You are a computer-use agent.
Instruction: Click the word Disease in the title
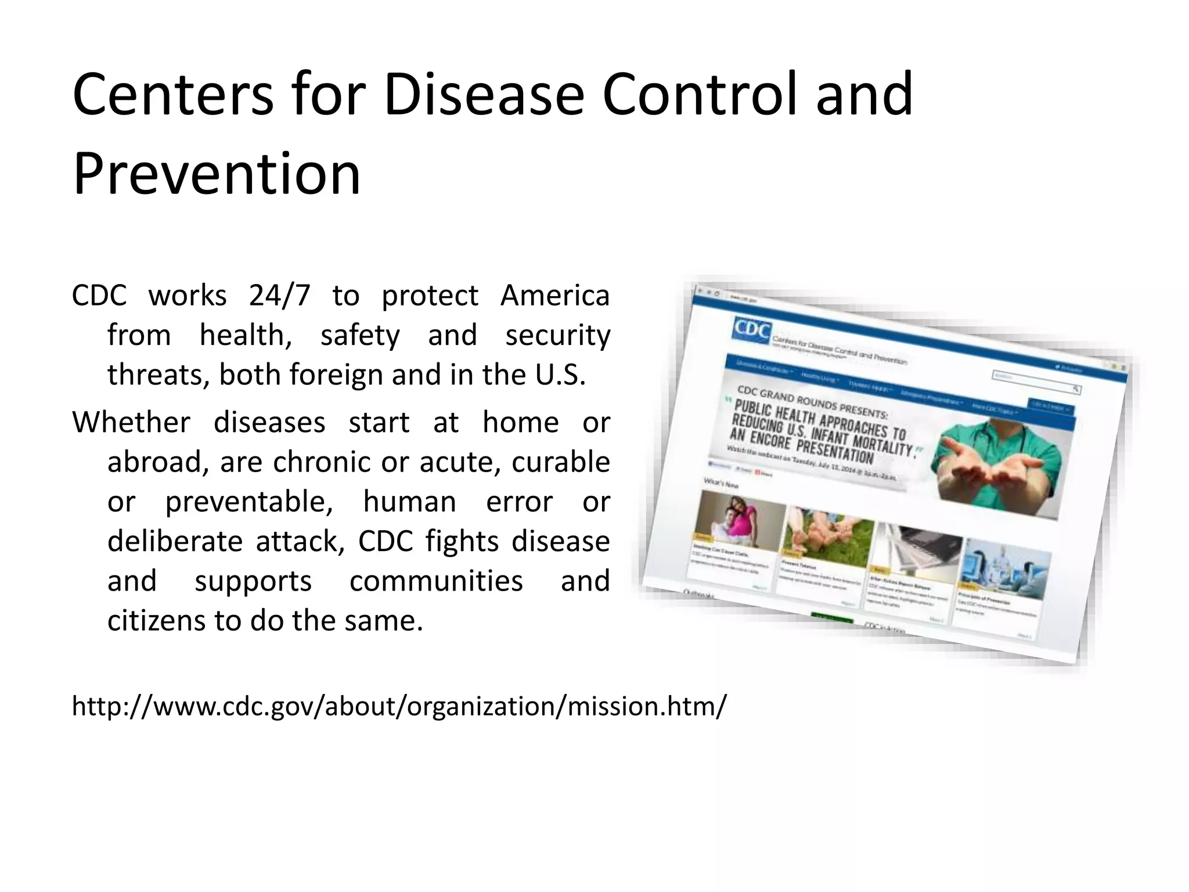483,95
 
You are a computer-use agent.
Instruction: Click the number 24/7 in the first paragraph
280,296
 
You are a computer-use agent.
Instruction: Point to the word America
554,296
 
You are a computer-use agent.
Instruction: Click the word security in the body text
557,336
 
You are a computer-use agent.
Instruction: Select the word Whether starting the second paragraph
131,422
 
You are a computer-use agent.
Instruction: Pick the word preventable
249,502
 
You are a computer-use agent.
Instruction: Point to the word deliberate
175,541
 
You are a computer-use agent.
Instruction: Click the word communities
436,581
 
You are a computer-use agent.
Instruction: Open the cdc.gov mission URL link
399,707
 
